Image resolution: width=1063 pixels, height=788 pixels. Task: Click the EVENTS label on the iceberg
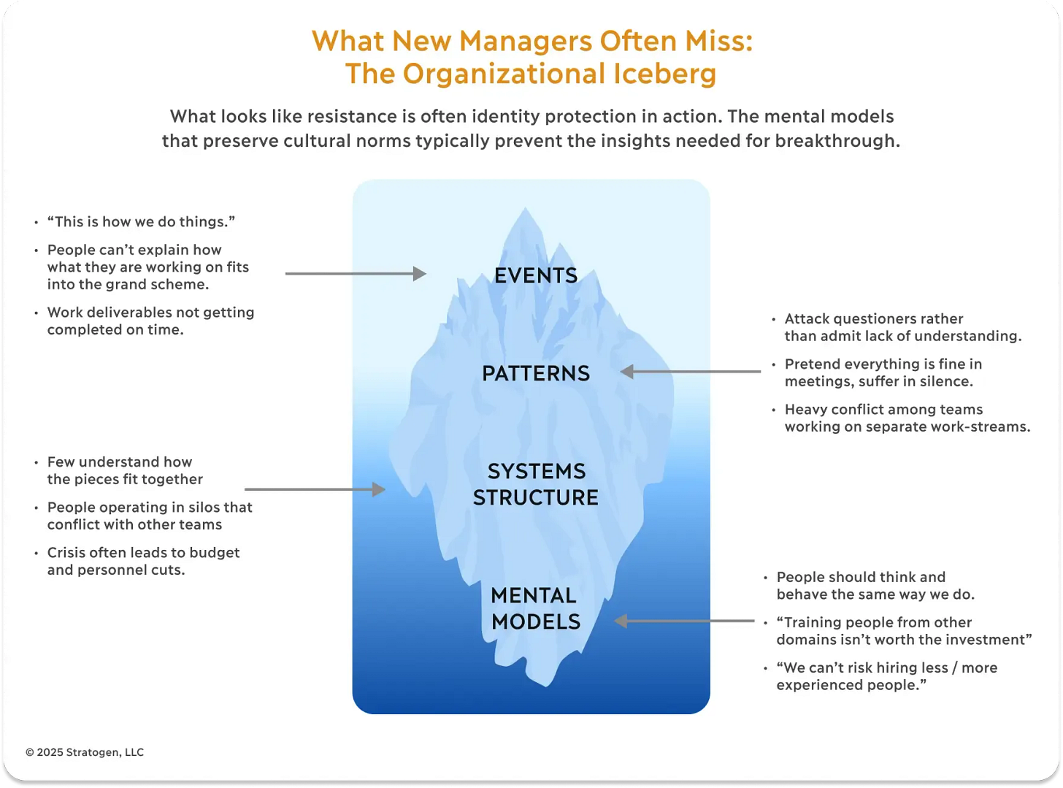[536, 275]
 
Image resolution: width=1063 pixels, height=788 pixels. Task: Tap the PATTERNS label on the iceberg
[536, 373]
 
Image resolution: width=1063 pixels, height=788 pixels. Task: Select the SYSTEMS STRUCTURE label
[536, 484]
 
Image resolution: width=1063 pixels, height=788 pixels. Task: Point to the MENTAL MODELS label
[536, 608]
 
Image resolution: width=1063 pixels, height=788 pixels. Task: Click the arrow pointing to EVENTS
[356, 274]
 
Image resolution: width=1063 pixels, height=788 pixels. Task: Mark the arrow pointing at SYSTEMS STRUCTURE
[315, 489]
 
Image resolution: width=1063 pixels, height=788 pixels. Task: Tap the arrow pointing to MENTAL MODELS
[684, 621]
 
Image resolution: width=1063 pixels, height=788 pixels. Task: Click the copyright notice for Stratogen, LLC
[85, 752]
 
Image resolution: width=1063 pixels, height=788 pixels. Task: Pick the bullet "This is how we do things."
[141, 222]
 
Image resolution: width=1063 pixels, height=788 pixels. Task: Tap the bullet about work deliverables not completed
[150, 321]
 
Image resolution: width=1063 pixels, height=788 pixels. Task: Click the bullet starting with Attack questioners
[902, 327]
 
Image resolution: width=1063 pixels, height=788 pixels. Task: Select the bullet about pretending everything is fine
[883, 372]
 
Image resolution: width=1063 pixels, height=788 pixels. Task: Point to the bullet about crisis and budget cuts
[143, 561]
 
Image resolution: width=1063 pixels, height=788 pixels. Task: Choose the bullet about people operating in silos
[150, 516]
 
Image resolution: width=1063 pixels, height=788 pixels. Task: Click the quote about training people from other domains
[904, 631]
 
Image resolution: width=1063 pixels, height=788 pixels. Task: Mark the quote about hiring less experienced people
[886, 676]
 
